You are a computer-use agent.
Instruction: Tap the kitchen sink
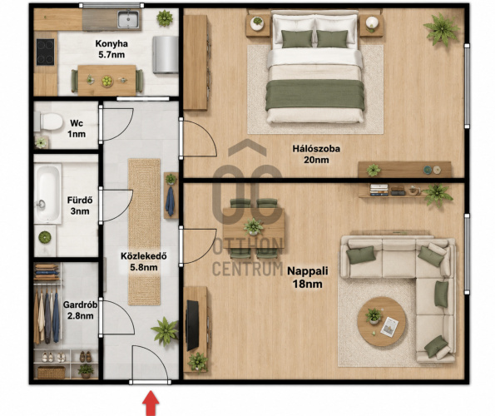[x=128, y=19]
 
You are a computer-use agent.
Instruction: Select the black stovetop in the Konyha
[x=46, y=52]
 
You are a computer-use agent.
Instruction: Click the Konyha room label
[x=111, y=43]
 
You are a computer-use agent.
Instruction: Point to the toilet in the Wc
[x=49, y=121]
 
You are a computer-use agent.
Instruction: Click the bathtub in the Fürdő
[x=47, y=193]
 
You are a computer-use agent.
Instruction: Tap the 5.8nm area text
[x=144, y=267]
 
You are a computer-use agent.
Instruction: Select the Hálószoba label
[x=316, y=148]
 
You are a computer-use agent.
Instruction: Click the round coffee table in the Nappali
[x=381, y=322]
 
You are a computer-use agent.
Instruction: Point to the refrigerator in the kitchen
[x=166, y=55]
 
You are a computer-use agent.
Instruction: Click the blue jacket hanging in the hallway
[x=170, y=201]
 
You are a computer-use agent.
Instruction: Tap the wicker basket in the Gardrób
[x=52, y=372]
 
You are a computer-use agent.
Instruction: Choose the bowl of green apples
[x=107, y=81]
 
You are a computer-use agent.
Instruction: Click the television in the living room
[x=192, y=326]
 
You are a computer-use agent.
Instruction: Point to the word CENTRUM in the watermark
[x=248, y=269]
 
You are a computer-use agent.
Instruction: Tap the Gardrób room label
[x=80, y=305]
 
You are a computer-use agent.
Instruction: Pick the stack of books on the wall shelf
[x=379, y=190]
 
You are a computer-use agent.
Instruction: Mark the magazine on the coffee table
[x=389, y=327]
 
